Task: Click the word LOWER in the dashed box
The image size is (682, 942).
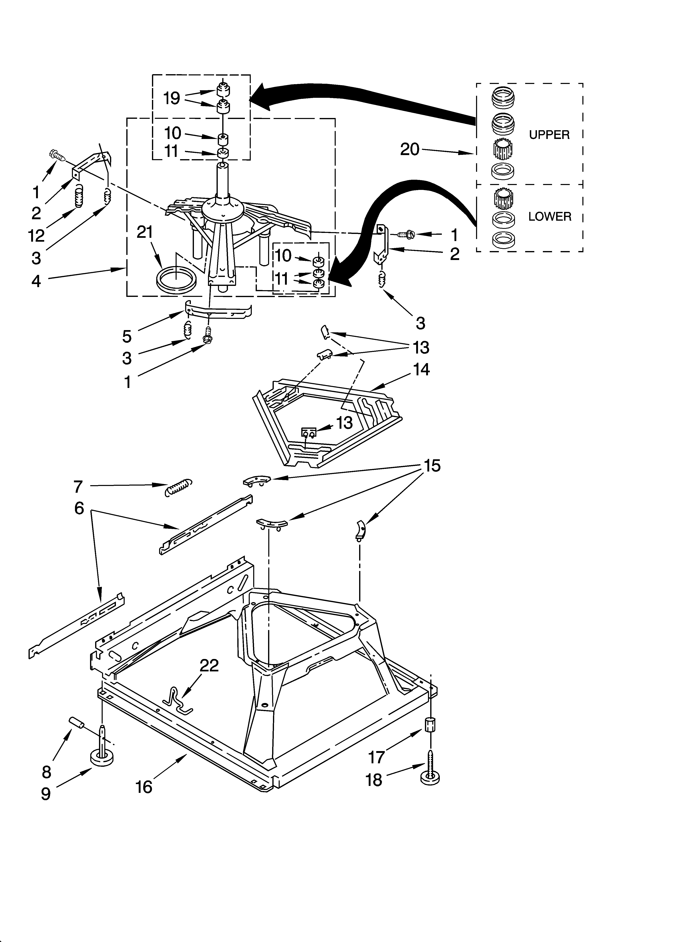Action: (x=550, y=216)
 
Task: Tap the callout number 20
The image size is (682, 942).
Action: (x=409, y=150)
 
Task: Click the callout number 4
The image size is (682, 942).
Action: (x=36, y=281)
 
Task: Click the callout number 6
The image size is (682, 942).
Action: (x=79, y=508)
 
